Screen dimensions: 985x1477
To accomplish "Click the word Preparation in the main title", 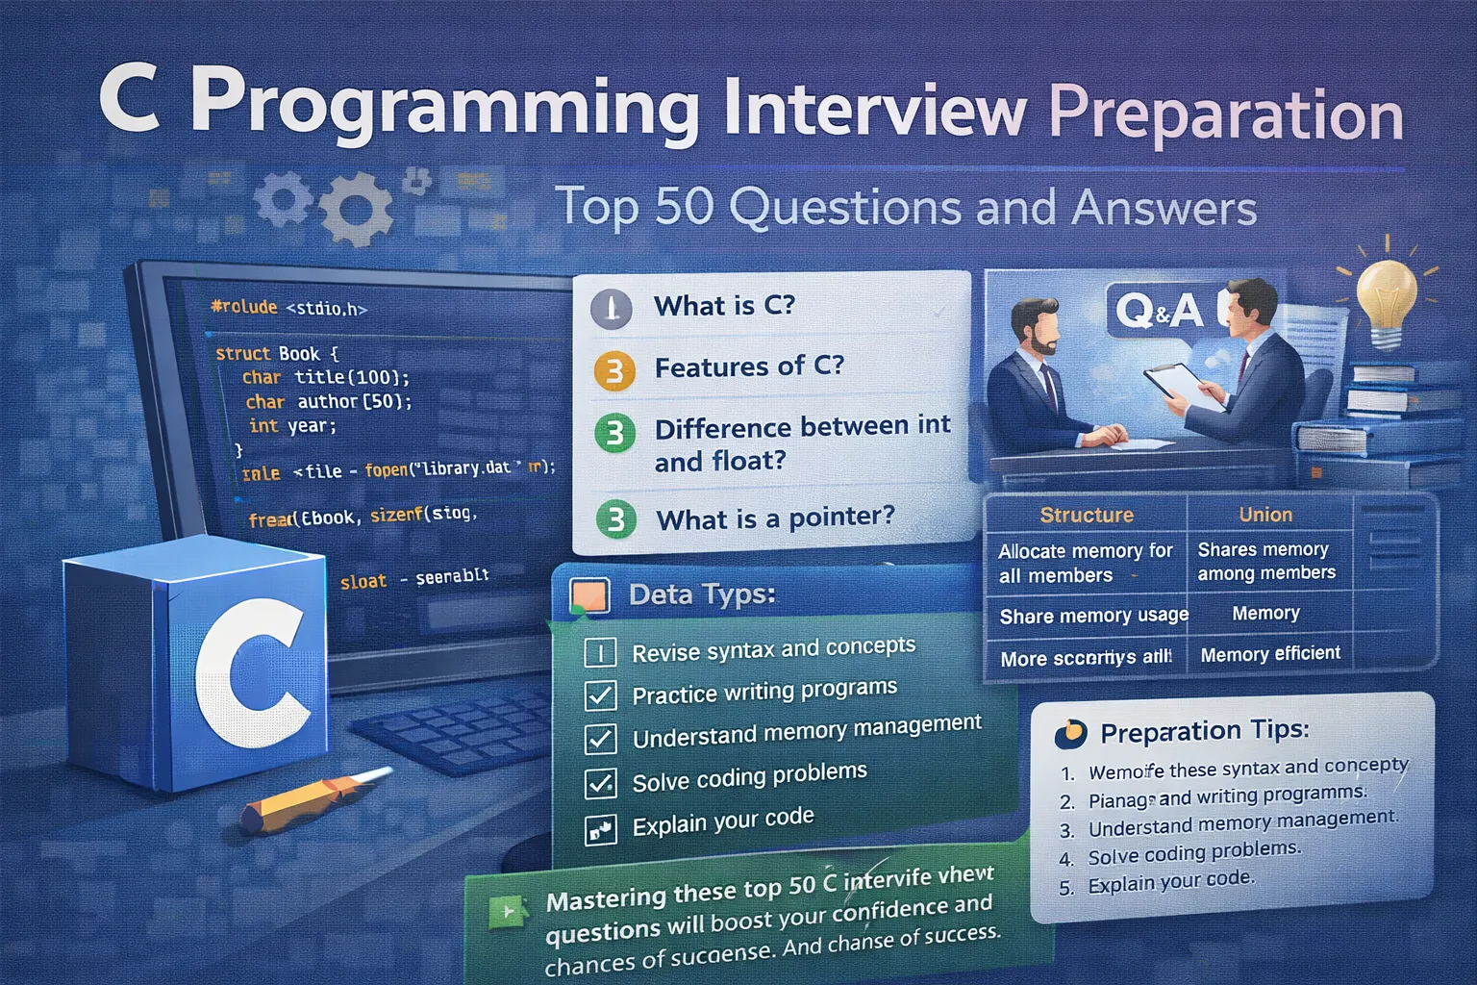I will pyautogui.click(x=1225, y=115).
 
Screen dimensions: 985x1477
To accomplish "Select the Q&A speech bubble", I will pyautogui.click(x=1158, y=310).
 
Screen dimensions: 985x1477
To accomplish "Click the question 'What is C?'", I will pyautogui.click(x=724, y=306).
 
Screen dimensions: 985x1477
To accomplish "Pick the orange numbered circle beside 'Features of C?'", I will pyautogui.click(x=614, y=370).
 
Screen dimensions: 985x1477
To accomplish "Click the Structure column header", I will pyautogui.click(x=1087, y=515).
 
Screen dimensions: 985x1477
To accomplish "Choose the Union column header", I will pyautogui.click(x=1265, y=515).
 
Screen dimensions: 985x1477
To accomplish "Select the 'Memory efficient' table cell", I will pyautogui.click(x=1269, y=654).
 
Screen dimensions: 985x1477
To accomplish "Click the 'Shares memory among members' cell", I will pyautogui.click(x=1265, y=561).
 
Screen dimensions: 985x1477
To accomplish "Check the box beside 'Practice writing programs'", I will pyautogui.click(x=601, y=695).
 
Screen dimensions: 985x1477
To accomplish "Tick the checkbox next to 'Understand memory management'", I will pyautogui.click(x=601, y=739).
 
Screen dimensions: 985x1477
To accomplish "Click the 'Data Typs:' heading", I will pyautogui.click(x=702, y=594).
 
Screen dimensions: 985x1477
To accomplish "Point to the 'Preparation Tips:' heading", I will pyautogui.click(x=1204, y=732).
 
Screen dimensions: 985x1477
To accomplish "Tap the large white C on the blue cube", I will pyautogui.click(x=252, y=674).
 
